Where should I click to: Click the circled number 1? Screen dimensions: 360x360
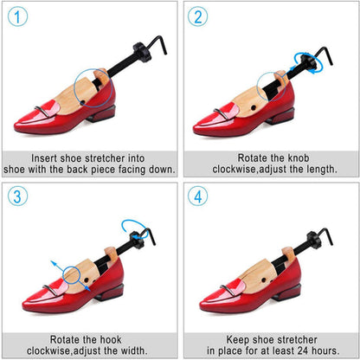tap(17, 16)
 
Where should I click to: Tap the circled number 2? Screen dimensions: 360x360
tap(197, 16)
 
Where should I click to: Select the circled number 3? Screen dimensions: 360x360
tap(17, 196)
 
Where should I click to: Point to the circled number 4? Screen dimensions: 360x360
tap(197, 196)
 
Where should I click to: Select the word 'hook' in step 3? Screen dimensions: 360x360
tap(111, 339)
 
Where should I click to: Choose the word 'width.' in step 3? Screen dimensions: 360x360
tap(133, 350)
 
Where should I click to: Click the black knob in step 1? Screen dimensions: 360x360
tap(142, 51)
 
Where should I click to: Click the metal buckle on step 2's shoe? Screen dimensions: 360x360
tap(222, 114)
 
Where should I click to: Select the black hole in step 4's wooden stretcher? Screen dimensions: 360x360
tap(263, 280)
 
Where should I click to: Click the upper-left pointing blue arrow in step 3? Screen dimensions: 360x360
tap(57, 266)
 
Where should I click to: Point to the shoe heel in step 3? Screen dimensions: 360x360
tap(109, 292)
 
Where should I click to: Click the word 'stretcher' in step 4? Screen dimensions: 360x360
tap(297, 339)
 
